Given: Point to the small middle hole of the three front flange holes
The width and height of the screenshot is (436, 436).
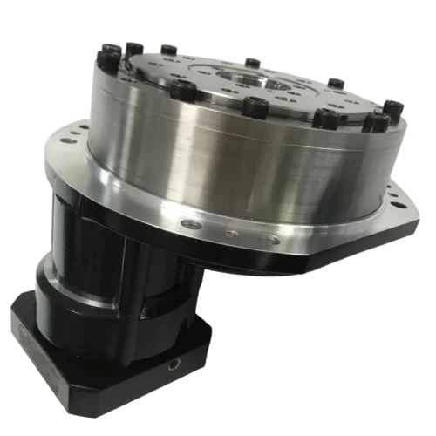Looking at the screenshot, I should [230, 233].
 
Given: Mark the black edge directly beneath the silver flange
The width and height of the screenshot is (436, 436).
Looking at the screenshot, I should [262, 262].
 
